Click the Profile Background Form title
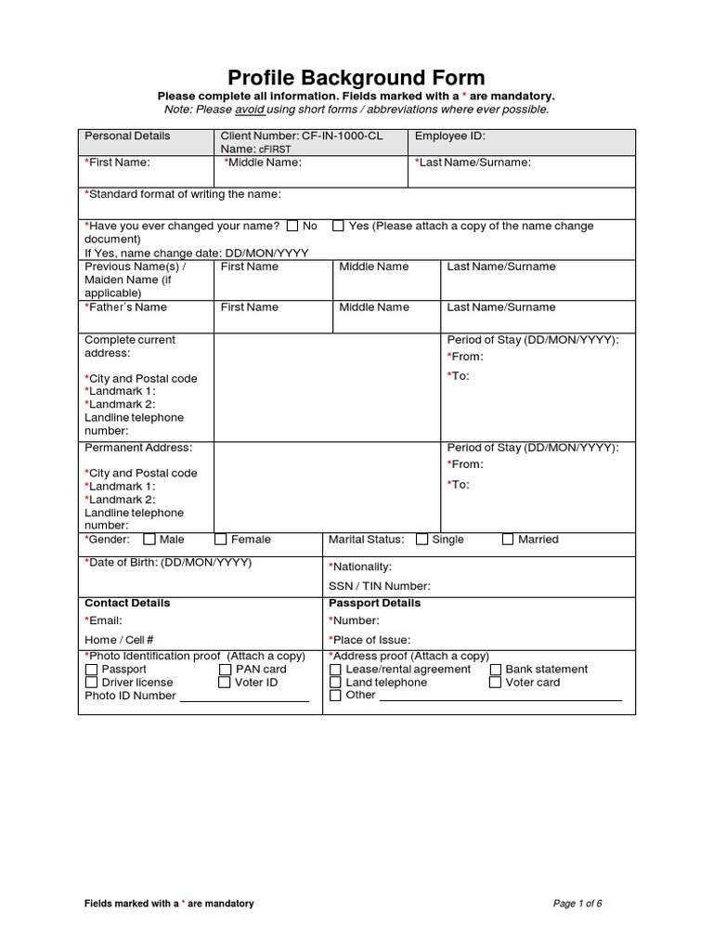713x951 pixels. point(356,78)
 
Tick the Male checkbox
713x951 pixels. point(149,540)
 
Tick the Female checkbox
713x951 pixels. point(221,540)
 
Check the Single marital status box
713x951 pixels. point(422,540)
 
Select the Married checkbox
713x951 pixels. point(508,540)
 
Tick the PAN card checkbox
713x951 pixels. point(226,670)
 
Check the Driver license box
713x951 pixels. point(91,683)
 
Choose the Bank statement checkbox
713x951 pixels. point(496,670)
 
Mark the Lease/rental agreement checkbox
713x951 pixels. point(335,670)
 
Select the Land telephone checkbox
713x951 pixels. point(335,683)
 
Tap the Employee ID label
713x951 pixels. point(449,136)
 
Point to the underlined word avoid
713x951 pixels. point(250,110)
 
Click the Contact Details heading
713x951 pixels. point(127,603)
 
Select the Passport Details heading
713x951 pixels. point(374,603)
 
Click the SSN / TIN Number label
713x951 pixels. point(380,586)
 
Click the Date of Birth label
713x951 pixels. point(168,563)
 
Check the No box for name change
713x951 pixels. point(292,226)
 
